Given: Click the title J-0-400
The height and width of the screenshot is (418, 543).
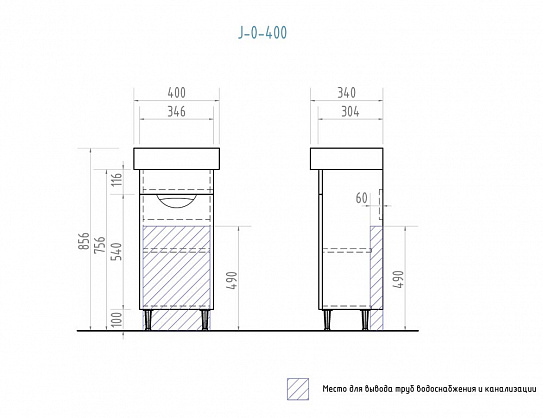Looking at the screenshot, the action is (x=262, y=33).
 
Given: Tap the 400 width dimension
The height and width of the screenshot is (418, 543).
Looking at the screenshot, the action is (x=177, y=93).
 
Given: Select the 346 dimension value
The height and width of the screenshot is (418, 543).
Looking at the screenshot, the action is (x=177, y=112).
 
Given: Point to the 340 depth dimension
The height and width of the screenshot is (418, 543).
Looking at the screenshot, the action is (x=347, y=93).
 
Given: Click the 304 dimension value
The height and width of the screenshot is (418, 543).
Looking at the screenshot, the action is (x=350, y=112).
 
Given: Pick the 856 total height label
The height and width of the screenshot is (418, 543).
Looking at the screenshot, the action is (x=84, y=241).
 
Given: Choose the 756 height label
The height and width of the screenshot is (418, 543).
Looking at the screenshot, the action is (x=100, y=244).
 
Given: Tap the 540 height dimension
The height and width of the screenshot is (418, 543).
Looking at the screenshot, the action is (x=117, y=251).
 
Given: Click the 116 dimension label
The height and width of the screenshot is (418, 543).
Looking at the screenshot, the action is (x=117, y=180).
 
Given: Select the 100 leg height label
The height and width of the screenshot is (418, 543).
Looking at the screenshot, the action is (x=117, y=319).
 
